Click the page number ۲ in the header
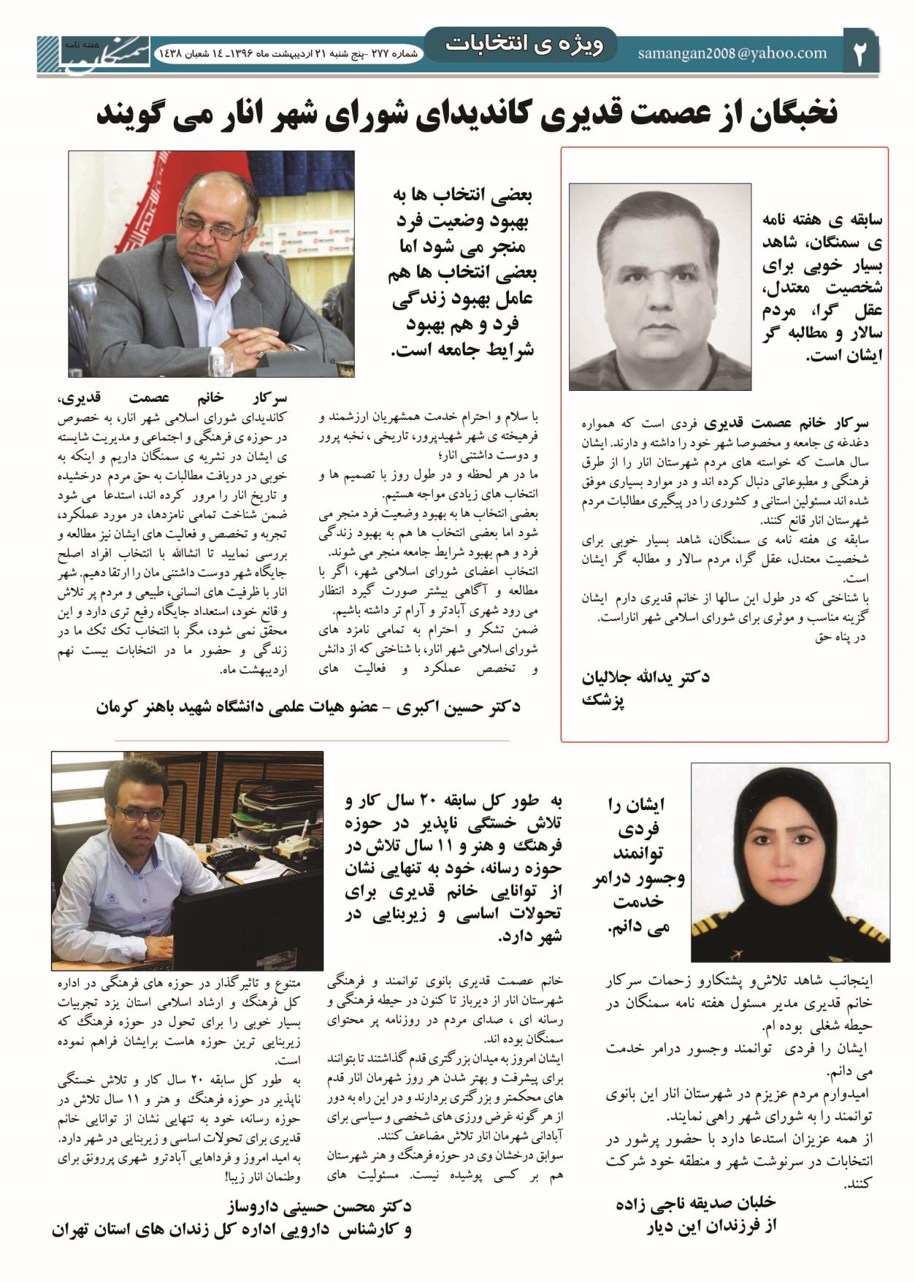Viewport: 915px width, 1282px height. point(860,53)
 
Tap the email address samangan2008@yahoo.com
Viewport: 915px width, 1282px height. point(732,53)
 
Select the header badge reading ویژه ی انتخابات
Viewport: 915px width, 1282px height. point(524,45)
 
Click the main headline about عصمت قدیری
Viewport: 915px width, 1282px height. point(467,114)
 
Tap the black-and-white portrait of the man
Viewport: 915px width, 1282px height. point(659,286)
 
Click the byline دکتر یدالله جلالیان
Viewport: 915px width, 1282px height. point(645,677)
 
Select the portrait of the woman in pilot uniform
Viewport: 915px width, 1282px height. point(789,862)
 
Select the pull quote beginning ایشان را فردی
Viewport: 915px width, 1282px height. point(638,866)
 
